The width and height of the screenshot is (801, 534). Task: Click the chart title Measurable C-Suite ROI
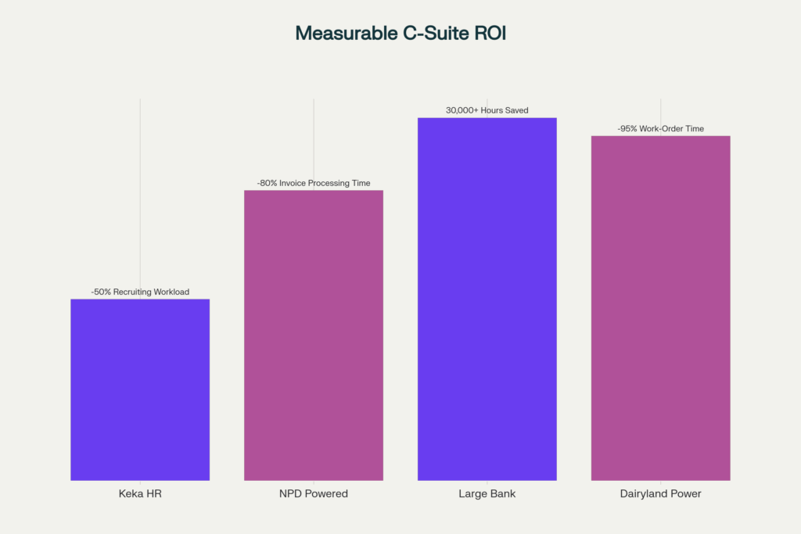(400, 33)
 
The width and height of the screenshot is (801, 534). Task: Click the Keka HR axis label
(140, 494)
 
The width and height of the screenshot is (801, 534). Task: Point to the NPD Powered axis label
(314, 494)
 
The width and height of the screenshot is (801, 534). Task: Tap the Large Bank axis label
(487, 494)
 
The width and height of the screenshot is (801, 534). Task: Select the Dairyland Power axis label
(660, 494)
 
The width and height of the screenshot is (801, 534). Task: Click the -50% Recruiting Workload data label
(140, 292)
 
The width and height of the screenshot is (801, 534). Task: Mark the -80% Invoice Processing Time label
(314, 183)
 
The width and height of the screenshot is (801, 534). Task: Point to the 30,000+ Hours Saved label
(487, 110)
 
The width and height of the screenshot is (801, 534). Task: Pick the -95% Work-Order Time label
(660, 128)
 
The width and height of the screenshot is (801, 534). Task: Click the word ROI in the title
(488, 33)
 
